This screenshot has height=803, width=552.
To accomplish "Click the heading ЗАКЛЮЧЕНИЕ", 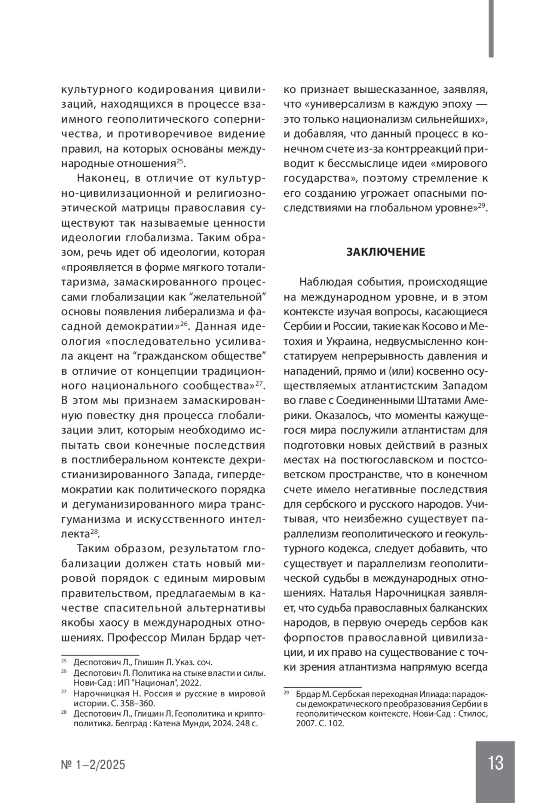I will click(385, 252).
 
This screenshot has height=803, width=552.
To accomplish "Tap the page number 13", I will click(496, 763).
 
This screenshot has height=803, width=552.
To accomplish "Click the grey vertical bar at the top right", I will click(491, 28).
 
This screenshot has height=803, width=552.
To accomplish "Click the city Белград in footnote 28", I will click(114, 723).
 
